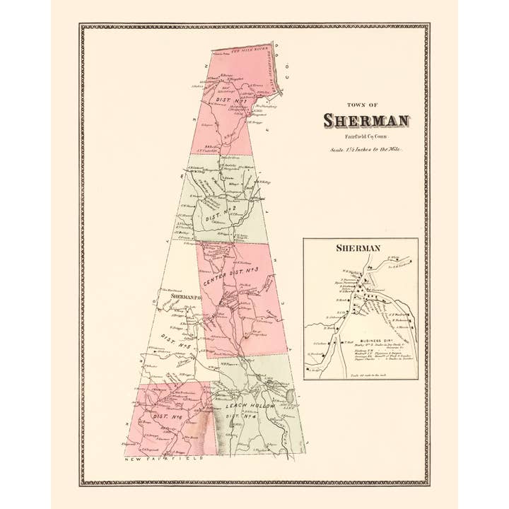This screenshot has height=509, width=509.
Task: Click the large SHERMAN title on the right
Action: pyautogui.click(x=366, y=121)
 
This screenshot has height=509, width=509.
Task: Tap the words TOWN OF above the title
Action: pyautogui.click(x=366, y=105)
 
